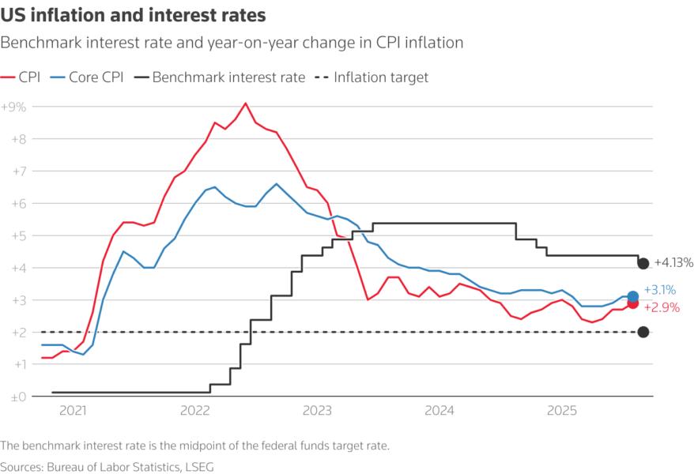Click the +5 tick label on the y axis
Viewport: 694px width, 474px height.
pos(17,235)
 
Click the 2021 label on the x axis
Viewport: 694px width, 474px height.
pos(73,412)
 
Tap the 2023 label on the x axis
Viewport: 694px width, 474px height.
pos(317,412)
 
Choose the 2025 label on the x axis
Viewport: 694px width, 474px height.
pos(561,412)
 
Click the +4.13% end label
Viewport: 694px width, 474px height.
pos(673,263)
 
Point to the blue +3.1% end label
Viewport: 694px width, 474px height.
pos(661,290)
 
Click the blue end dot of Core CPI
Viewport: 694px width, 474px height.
pos(633,296)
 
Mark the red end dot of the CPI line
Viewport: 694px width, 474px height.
pos(633,303)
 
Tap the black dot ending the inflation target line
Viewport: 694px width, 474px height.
pos(643,333)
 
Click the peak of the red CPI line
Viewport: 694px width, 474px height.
pos(245,103)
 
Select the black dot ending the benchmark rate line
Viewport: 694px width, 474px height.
pos(643,263)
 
